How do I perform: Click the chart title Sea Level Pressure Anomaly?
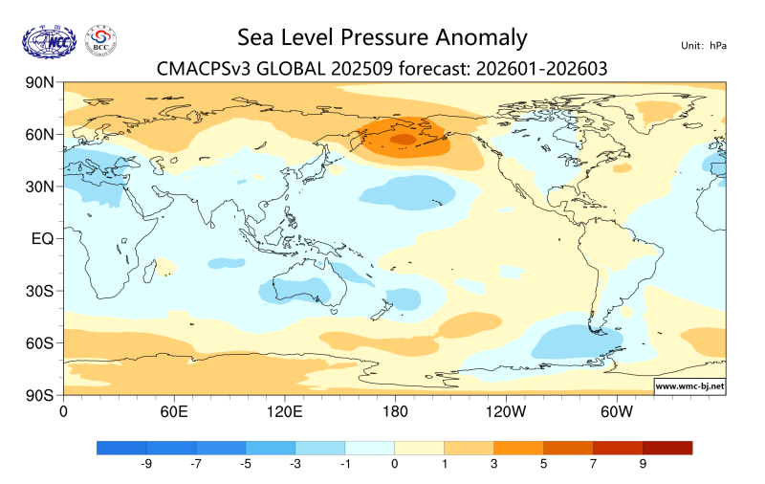[x=382, y=37]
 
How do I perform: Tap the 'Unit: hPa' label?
[x=704, y=46]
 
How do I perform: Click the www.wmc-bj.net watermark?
[x=688, y=386]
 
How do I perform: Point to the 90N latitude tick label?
[x=38, y=83]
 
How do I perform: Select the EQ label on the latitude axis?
[x=43, y=238]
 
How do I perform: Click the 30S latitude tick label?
[x=38, y=291]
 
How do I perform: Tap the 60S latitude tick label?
[x=38, y=342]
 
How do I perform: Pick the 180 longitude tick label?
[x=394, y=411]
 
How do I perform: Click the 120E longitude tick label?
[x=284, y=411]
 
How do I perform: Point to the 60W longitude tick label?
[x=616, y=411]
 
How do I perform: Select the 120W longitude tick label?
[x=505, y=411]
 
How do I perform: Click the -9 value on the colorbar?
[x=146, y=464]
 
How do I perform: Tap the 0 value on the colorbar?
[x=394, y=464]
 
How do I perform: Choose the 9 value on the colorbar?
[x=643, y=464]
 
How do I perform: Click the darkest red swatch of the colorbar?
[x=667, y=447]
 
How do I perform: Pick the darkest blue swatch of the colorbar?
[x=121, y=447]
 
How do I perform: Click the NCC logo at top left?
[x=48, y=41]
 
